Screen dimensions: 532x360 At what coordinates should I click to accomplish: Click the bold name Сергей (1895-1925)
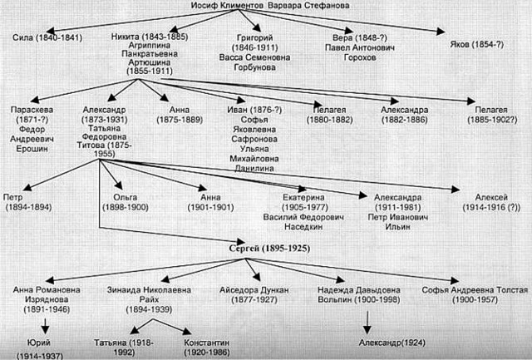pos(269,249)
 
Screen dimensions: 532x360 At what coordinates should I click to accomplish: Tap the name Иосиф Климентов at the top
pos(228,6)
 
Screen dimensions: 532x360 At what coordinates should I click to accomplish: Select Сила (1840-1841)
pos(47,37)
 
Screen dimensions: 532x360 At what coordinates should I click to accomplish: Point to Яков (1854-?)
pos(476,44)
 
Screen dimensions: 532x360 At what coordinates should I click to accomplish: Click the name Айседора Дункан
pos(254,290)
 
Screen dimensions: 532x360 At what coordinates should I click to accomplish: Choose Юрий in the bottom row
pos(39,343)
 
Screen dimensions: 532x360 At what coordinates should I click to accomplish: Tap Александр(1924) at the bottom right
pos(392,343)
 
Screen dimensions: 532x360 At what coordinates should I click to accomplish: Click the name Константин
pos(207,343)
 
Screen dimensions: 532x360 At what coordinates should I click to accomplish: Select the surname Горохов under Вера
pos(360,57)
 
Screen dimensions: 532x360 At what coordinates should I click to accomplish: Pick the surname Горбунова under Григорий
pos(254,67)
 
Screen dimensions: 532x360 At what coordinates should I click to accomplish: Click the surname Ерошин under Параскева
pos(32,149)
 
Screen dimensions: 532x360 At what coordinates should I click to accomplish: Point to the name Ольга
pos(126,197)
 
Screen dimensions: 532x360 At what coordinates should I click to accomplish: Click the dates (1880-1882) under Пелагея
pos(330,120)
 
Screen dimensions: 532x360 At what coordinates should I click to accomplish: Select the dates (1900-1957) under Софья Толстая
pos(475,300)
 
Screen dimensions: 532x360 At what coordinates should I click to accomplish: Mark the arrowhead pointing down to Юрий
pos(45,330)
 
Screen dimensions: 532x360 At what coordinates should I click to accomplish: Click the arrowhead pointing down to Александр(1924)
pos(367,330)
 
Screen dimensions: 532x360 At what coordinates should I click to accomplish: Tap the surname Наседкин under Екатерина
pos(303,227)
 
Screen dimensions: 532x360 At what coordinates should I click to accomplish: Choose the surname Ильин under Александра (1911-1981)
pos(398,227)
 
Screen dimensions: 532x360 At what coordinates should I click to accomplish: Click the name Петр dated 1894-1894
pos(13,197)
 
